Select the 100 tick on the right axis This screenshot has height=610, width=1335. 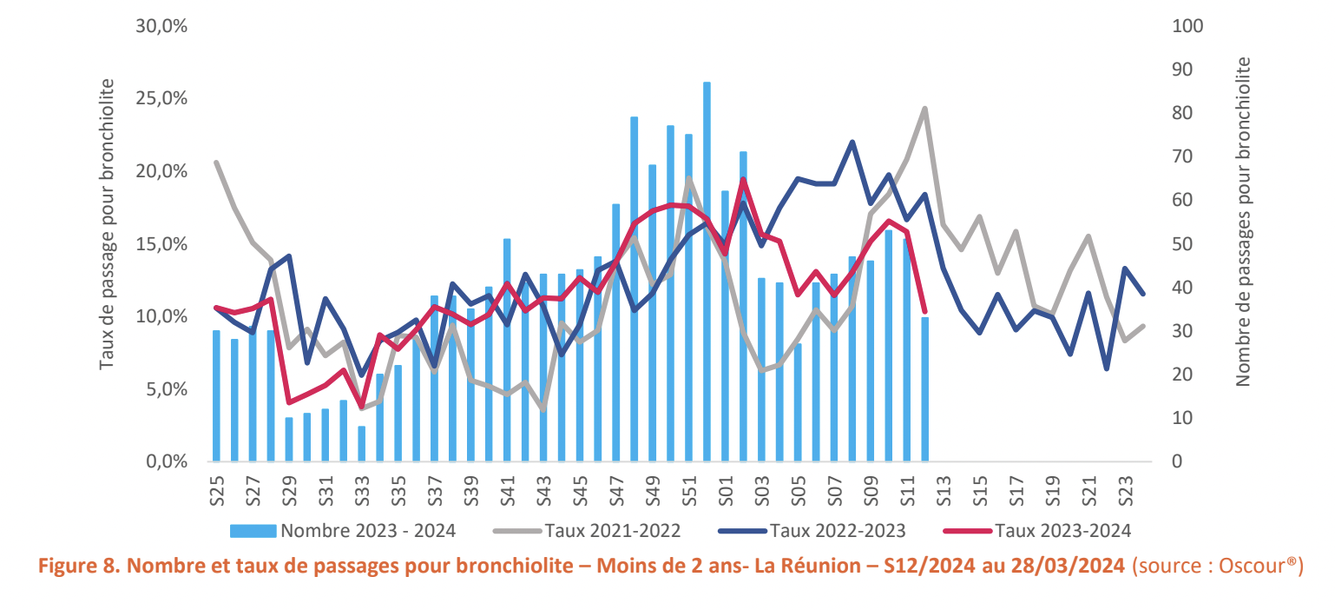1187,26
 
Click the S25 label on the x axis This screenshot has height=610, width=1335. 217,489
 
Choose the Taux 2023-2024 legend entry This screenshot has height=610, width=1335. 1062,530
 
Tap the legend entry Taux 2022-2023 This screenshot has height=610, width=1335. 838,530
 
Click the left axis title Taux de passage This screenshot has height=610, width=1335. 107,223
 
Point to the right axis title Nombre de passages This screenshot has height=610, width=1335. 1243,222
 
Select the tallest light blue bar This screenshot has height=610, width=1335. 707,269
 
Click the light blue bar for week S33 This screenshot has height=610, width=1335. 362,443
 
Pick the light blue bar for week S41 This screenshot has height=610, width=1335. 507,348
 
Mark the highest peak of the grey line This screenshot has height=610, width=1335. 925,109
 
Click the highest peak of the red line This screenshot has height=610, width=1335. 744,180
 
